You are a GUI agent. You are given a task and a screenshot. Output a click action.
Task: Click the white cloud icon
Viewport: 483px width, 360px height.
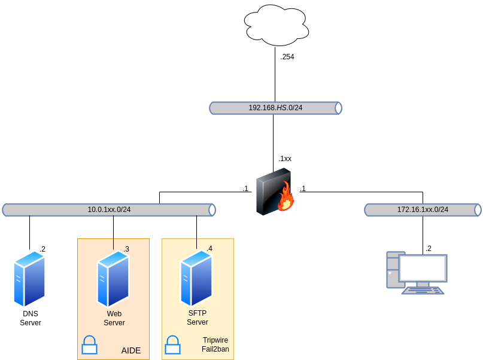(277, 25)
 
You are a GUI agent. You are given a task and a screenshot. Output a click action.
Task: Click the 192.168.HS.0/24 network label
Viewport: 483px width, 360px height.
(275, 108)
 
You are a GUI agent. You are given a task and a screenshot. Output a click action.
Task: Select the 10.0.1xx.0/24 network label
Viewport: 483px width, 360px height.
(109, 210)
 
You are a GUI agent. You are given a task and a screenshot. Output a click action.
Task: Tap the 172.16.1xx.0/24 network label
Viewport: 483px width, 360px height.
(423, 210)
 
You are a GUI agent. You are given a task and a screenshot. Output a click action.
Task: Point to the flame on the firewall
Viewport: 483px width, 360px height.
(285, 198)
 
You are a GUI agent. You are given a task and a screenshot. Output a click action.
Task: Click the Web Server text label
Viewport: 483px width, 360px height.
(114, 318)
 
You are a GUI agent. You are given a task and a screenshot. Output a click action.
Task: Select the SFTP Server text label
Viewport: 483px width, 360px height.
(198, 317)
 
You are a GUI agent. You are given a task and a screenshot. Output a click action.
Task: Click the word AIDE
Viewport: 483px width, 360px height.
(131, 350)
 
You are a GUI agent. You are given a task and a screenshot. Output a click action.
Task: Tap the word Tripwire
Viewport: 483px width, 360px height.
(215, 340)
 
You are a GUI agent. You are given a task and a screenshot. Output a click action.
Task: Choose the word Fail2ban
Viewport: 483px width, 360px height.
(215, 349)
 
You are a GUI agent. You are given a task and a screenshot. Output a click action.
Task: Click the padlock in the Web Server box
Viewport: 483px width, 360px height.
(89, 345)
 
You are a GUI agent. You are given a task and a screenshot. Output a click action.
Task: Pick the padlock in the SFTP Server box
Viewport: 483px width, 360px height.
(172, 345)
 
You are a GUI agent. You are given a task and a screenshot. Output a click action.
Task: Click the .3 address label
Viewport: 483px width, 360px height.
(126, 249)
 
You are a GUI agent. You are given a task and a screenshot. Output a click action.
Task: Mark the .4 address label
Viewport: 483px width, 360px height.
(209, 249)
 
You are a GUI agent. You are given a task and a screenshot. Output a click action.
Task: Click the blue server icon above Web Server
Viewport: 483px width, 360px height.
(113, 279)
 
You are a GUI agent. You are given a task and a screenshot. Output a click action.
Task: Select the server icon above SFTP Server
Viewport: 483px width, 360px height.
(196, 278)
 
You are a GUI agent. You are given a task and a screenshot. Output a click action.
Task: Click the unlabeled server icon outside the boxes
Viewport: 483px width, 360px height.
(29, 279)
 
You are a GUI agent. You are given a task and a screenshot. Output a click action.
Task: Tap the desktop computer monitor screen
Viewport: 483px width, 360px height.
(423, 268)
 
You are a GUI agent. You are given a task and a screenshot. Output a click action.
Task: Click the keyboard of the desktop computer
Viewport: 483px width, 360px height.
(423, 291)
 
